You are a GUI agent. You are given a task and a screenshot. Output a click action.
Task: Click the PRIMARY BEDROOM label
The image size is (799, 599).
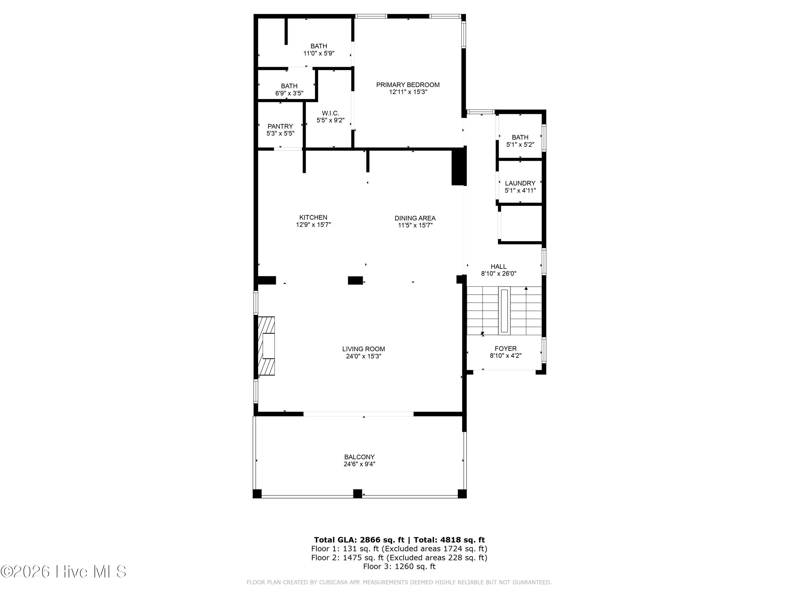[408, 85]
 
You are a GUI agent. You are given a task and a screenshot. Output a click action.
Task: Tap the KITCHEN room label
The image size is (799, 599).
[313, 217]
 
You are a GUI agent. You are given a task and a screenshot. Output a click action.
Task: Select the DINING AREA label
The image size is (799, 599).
[415, 218]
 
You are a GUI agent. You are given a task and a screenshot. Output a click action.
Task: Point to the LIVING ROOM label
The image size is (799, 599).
[363, 349]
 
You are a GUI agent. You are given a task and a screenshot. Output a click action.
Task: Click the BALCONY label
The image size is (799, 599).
[359, 457]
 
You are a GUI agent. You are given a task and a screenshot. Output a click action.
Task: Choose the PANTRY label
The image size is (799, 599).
[280, 126]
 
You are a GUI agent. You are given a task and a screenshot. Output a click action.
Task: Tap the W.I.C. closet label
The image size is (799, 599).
[331, 113]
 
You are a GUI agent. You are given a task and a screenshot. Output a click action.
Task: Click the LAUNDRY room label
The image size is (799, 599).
[520, 183]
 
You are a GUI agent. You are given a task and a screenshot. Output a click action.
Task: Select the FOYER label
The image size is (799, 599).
[506, 349]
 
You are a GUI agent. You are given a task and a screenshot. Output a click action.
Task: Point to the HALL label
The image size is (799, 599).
[499, 267]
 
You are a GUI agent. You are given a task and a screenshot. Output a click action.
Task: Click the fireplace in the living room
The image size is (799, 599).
[266, 346]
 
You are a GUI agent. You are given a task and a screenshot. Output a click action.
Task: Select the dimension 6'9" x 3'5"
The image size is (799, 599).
[289, 93]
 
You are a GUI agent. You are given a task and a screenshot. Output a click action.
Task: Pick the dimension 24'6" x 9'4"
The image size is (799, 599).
[359, 464]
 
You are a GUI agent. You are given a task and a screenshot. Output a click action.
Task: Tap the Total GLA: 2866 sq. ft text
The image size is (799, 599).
[359, 540]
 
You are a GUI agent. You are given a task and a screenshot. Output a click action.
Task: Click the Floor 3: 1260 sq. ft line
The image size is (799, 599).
[399, 567]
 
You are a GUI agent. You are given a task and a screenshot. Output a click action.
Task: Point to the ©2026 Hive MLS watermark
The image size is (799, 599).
[64, 572]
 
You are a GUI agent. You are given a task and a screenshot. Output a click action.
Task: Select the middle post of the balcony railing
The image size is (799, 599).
[358, 494]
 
